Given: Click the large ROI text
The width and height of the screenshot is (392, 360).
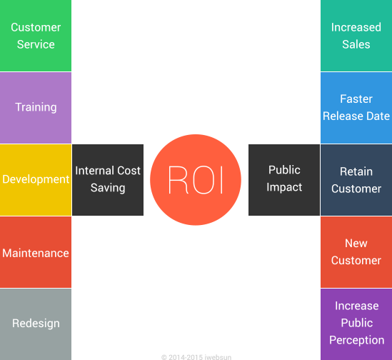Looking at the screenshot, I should click(196, 180).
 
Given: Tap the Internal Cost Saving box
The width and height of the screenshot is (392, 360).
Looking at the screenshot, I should click(108, 179).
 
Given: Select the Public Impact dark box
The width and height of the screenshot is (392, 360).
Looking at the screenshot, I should click(284, 179).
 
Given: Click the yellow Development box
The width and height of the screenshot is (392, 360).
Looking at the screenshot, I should click(36, 179).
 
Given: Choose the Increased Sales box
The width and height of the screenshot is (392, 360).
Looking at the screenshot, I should click(356, 36).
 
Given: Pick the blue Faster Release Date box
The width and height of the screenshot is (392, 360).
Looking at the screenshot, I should click(356, 107).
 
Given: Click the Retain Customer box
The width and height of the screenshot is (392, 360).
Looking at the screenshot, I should click(356, 180).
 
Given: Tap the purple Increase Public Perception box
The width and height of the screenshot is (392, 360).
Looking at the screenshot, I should click(356, 324).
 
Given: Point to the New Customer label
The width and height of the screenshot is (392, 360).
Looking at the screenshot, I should click(356, 252).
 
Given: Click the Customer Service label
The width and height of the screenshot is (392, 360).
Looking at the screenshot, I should click(36, 36).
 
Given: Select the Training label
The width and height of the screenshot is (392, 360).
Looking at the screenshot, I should click(36, 107).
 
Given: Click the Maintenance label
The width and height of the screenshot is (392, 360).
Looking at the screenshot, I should click(36, 254).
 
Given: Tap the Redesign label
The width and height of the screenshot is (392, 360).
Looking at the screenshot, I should click(36, 324).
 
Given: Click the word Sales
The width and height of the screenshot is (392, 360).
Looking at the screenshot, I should click(356, 44).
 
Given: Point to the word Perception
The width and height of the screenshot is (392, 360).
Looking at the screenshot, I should click(356, 341).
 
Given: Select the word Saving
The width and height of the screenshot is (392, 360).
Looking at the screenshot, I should click(108, 188).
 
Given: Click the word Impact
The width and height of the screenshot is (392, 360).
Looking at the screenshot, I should click(284, 187).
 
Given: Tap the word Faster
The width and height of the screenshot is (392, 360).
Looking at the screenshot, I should click(356, 99).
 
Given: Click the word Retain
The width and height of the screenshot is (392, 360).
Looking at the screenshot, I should click(356, 171).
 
